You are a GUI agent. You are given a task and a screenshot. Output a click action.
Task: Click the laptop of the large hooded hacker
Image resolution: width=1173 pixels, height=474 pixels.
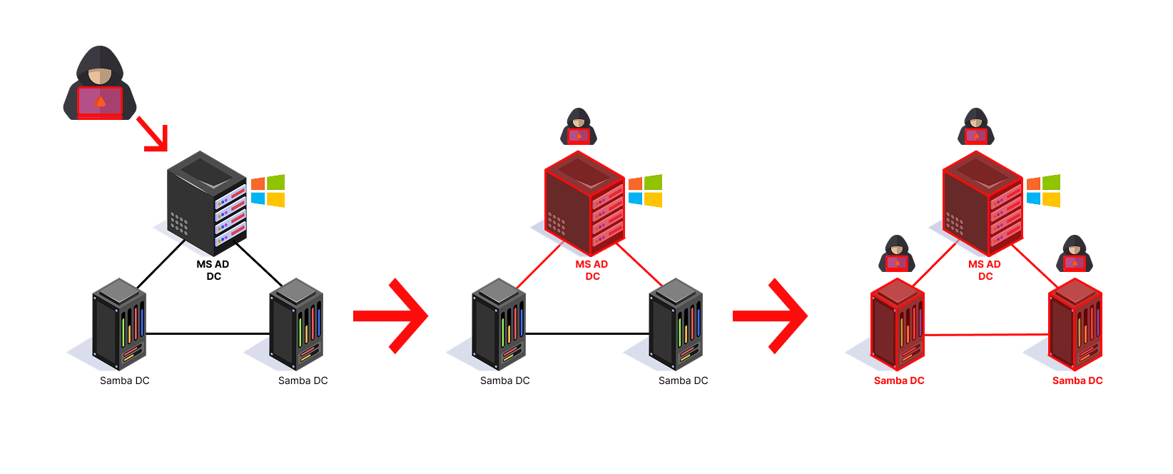tap(100, 102)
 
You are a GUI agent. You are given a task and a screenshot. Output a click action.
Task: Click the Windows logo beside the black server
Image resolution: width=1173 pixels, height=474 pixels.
tap(268, 191)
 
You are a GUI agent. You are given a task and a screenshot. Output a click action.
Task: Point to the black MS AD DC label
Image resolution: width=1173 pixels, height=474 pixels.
tap(213, 270)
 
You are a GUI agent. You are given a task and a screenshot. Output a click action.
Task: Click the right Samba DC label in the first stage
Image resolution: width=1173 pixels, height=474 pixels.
tap(303, 380)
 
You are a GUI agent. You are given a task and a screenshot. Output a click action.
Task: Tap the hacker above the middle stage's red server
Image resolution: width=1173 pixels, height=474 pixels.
tap(579, 126)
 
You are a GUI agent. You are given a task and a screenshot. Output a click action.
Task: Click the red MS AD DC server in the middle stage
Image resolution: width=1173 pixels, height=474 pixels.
tap(584, 203)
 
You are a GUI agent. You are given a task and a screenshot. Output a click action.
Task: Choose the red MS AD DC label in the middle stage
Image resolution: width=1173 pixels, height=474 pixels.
tap(592, 270)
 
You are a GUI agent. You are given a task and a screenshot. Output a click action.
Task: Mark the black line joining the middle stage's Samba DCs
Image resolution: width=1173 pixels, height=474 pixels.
tap(586, 333)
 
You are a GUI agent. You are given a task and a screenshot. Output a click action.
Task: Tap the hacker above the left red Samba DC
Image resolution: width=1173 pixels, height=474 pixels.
tap(896, 253)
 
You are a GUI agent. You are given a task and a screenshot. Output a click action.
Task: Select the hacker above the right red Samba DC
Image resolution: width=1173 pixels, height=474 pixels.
tap(1074, 253)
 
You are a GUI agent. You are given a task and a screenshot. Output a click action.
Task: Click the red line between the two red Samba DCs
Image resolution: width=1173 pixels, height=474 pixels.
tap(986, 335)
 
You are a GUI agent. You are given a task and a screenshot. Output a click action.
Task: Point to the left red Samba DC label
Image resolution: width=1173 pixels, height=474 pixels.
tap(899, 380)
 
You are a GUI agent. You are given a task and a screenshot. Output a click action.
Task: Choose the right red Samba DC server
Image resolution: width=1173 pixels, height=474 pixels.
tap(1075, 325)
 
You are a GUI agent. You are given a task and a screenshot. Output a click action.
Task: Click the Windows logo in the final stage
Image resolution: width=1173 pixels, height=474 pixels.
tap(1043, 191)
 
